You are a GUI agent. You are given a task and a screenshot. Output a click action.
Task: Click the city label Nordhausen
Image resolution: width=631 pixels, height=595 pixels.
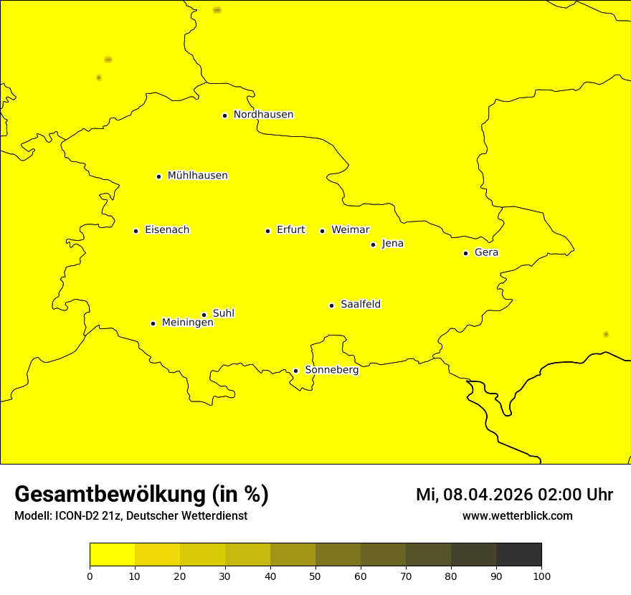click(x=263, y=115)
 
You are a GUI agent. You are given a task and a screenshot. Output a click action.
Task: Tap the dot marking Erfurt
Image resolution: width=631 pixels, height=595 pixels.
click(x=267, y=231)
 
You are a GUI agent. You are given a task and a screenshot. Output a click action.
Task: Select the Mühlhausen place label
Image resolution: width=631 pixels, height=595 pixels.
click(x=197, y=176)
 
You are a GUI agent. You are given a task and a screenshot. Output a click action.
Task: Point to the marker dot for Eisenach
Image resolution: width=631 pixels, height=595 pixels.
click(x=136, y=231)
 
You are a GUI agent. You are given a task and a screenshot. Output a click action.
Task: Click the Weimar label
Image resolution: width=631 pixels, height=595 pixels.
click(x=350, y=230)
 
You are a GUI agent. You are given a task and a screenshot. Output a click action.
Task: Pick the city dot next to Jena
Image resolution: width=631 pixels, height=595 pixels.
click(x=373, y=244)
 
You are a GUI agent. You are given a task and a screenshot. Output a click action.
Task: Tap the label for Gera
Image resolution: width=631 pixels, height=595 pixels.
click(x=486, y=252)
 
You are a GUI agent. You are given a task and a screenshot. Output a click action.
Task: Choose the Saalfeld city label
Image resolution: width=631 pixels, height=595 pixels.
click(x=360, y=305)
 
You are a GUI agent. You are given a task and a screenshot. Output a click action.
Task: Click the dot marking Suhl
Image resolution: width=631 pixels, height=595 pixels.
click(x=204, y=315)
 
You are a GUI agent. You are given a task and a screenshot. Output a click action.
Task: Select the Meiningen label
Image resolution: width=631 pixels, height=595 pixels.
click(x=187, y=323)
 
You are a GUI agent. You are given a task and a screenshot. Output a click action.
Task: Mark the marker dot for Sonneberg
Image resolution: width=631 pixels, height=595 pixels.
click(x=295, y=371)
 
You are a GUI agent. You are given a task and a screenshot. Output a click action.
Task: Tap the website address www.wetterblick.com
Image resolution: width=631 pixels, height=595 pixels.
click(x=517, y=515)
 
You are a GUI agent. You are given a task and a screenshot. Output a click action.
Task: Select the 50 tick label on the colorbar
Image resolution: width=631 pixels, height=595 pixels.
click(x=315, y=576)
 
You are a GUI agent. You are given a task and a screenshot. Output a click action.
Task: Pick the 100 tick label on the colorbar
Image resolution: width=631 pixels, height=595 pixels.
click(x=541, y=576)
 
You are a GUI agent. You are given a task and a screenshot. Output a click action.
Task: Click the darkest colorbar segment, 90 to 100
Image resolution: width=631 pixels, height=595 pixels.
click(x=518, y=554)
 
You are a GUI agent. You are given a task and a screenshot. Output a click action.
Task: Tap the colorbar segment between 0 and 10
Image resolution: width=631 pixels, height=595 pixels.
click(x=112, y=554)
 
